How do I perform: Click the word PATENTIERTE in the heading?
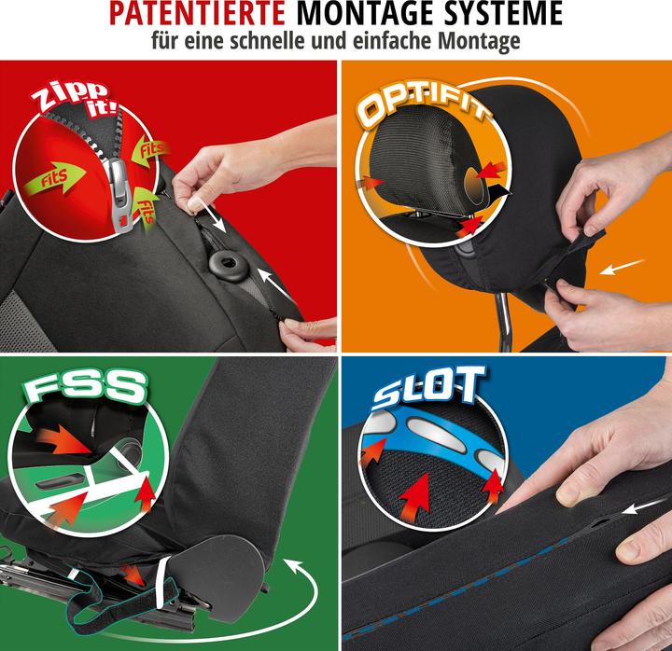198,14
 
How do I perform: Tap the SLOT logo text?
428,388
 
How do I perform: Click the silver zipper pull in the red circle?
120,194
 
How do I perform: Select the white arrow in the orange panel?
622,267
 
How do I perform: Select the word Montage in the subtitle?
479,42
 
